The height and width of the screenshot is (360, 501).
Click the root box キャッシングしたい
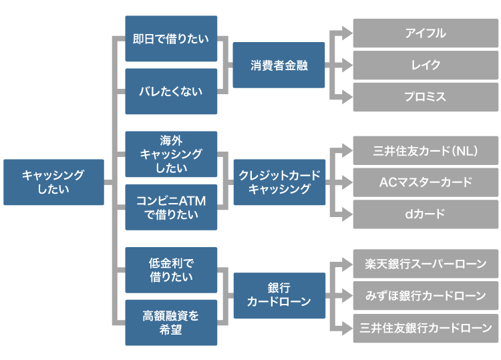(53, 182)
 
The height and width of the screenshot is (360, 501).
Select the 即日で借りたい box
(171, 39)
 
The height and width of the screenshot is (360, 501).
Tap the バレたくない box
(171, 91)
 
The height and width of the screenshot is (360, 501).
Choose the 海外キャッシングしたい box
(171, 154)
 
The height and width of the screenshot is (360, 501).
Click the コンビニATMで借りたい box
(171, 207)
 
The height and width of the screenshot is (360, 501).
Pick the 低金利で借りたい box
(171, 269)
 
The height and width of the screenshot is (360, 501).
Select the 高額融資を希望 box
(171, 322)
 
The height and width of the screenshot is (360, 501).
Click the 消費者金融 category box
(279, 65)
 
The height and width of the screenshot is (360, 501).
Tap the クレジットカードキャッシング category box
(279, 182)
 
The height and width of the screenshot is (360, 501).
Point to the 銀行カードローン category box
(279, 295)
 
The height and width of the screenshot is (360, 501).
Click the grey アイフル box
(426, 33)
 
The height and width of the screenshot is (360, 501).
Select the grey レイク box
(426, 65)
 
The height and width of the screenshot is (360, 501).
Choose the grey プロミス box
(426, 97)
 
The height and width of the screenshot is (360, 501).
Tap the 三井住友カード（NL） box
(426, 150)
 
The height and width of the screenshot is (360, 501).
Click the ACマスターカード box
(426, 182)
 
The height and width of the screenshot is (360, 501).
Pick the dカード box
(426, 214)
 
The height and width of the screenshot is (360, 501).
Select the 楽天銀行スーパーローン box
(426, 264)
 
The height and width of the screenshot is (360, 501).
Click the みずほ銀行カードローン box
(426, 295)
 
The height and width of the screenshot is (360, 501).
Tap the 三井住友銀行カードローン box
(426, 328)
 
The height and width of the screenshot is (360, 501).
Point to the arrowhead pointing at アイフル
(345, 33)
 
